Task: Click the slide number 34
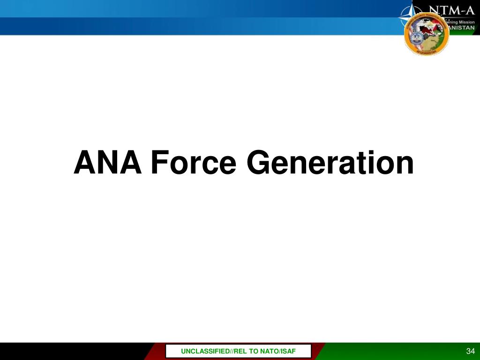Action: tap(471, 352)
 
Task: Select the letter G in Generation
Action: tap(257, 163)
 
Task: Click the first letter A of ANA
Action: tap(84, 163)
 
